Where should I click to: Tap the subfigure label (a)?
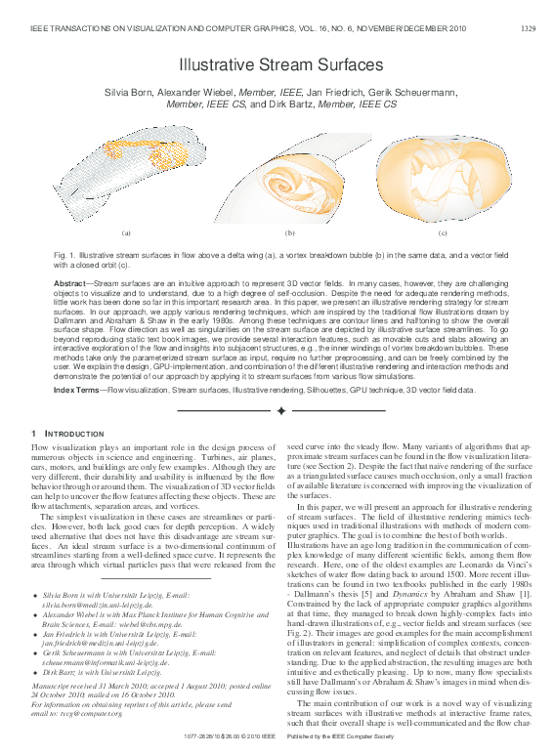tap(126, 233)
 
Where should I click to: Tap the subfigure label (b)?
tap(290, 233)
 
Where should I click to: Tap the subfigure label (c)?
tap(443, 233)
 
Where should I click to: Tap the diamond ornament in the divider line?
tap(281, 410)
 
